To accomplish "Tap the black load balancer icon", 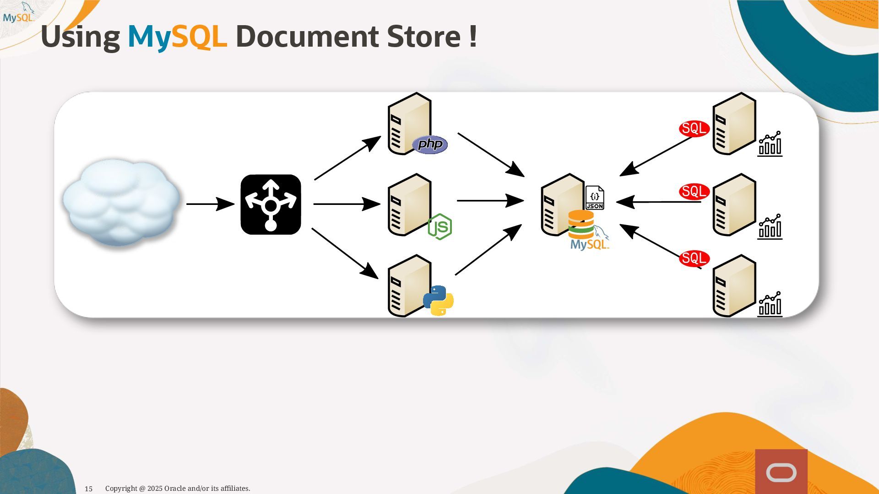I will point(271,204).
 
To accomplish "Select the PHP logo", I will point(430,145).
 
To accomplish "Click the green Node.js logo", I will point(440,226).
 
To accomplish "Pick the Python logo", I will point(438,301).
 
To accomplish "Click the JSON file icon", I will point(595,198).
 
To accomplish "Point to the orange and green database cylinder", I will point(581,224).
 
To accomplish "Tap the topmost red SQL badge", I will point(694,129).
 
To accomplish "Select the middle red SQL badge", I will point(694,191).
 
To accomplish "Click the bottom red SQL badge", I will point(694,258).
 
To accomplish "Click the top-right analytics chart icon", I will point(770,144).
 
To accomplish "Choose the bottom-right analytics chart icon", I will point(770,304).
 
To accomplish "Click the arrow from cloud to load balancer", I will point(210,204).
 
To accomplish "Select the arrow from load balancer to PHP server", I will point(347,158).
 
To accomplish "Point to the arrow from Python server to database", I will point(488,250).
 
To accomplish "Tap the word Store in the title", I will point(424,37).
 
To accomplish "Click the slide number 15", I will point(89,489).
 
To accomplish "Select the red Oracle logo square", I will point(781,471).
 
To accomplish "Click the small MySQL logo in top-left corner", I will point(18,14).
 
